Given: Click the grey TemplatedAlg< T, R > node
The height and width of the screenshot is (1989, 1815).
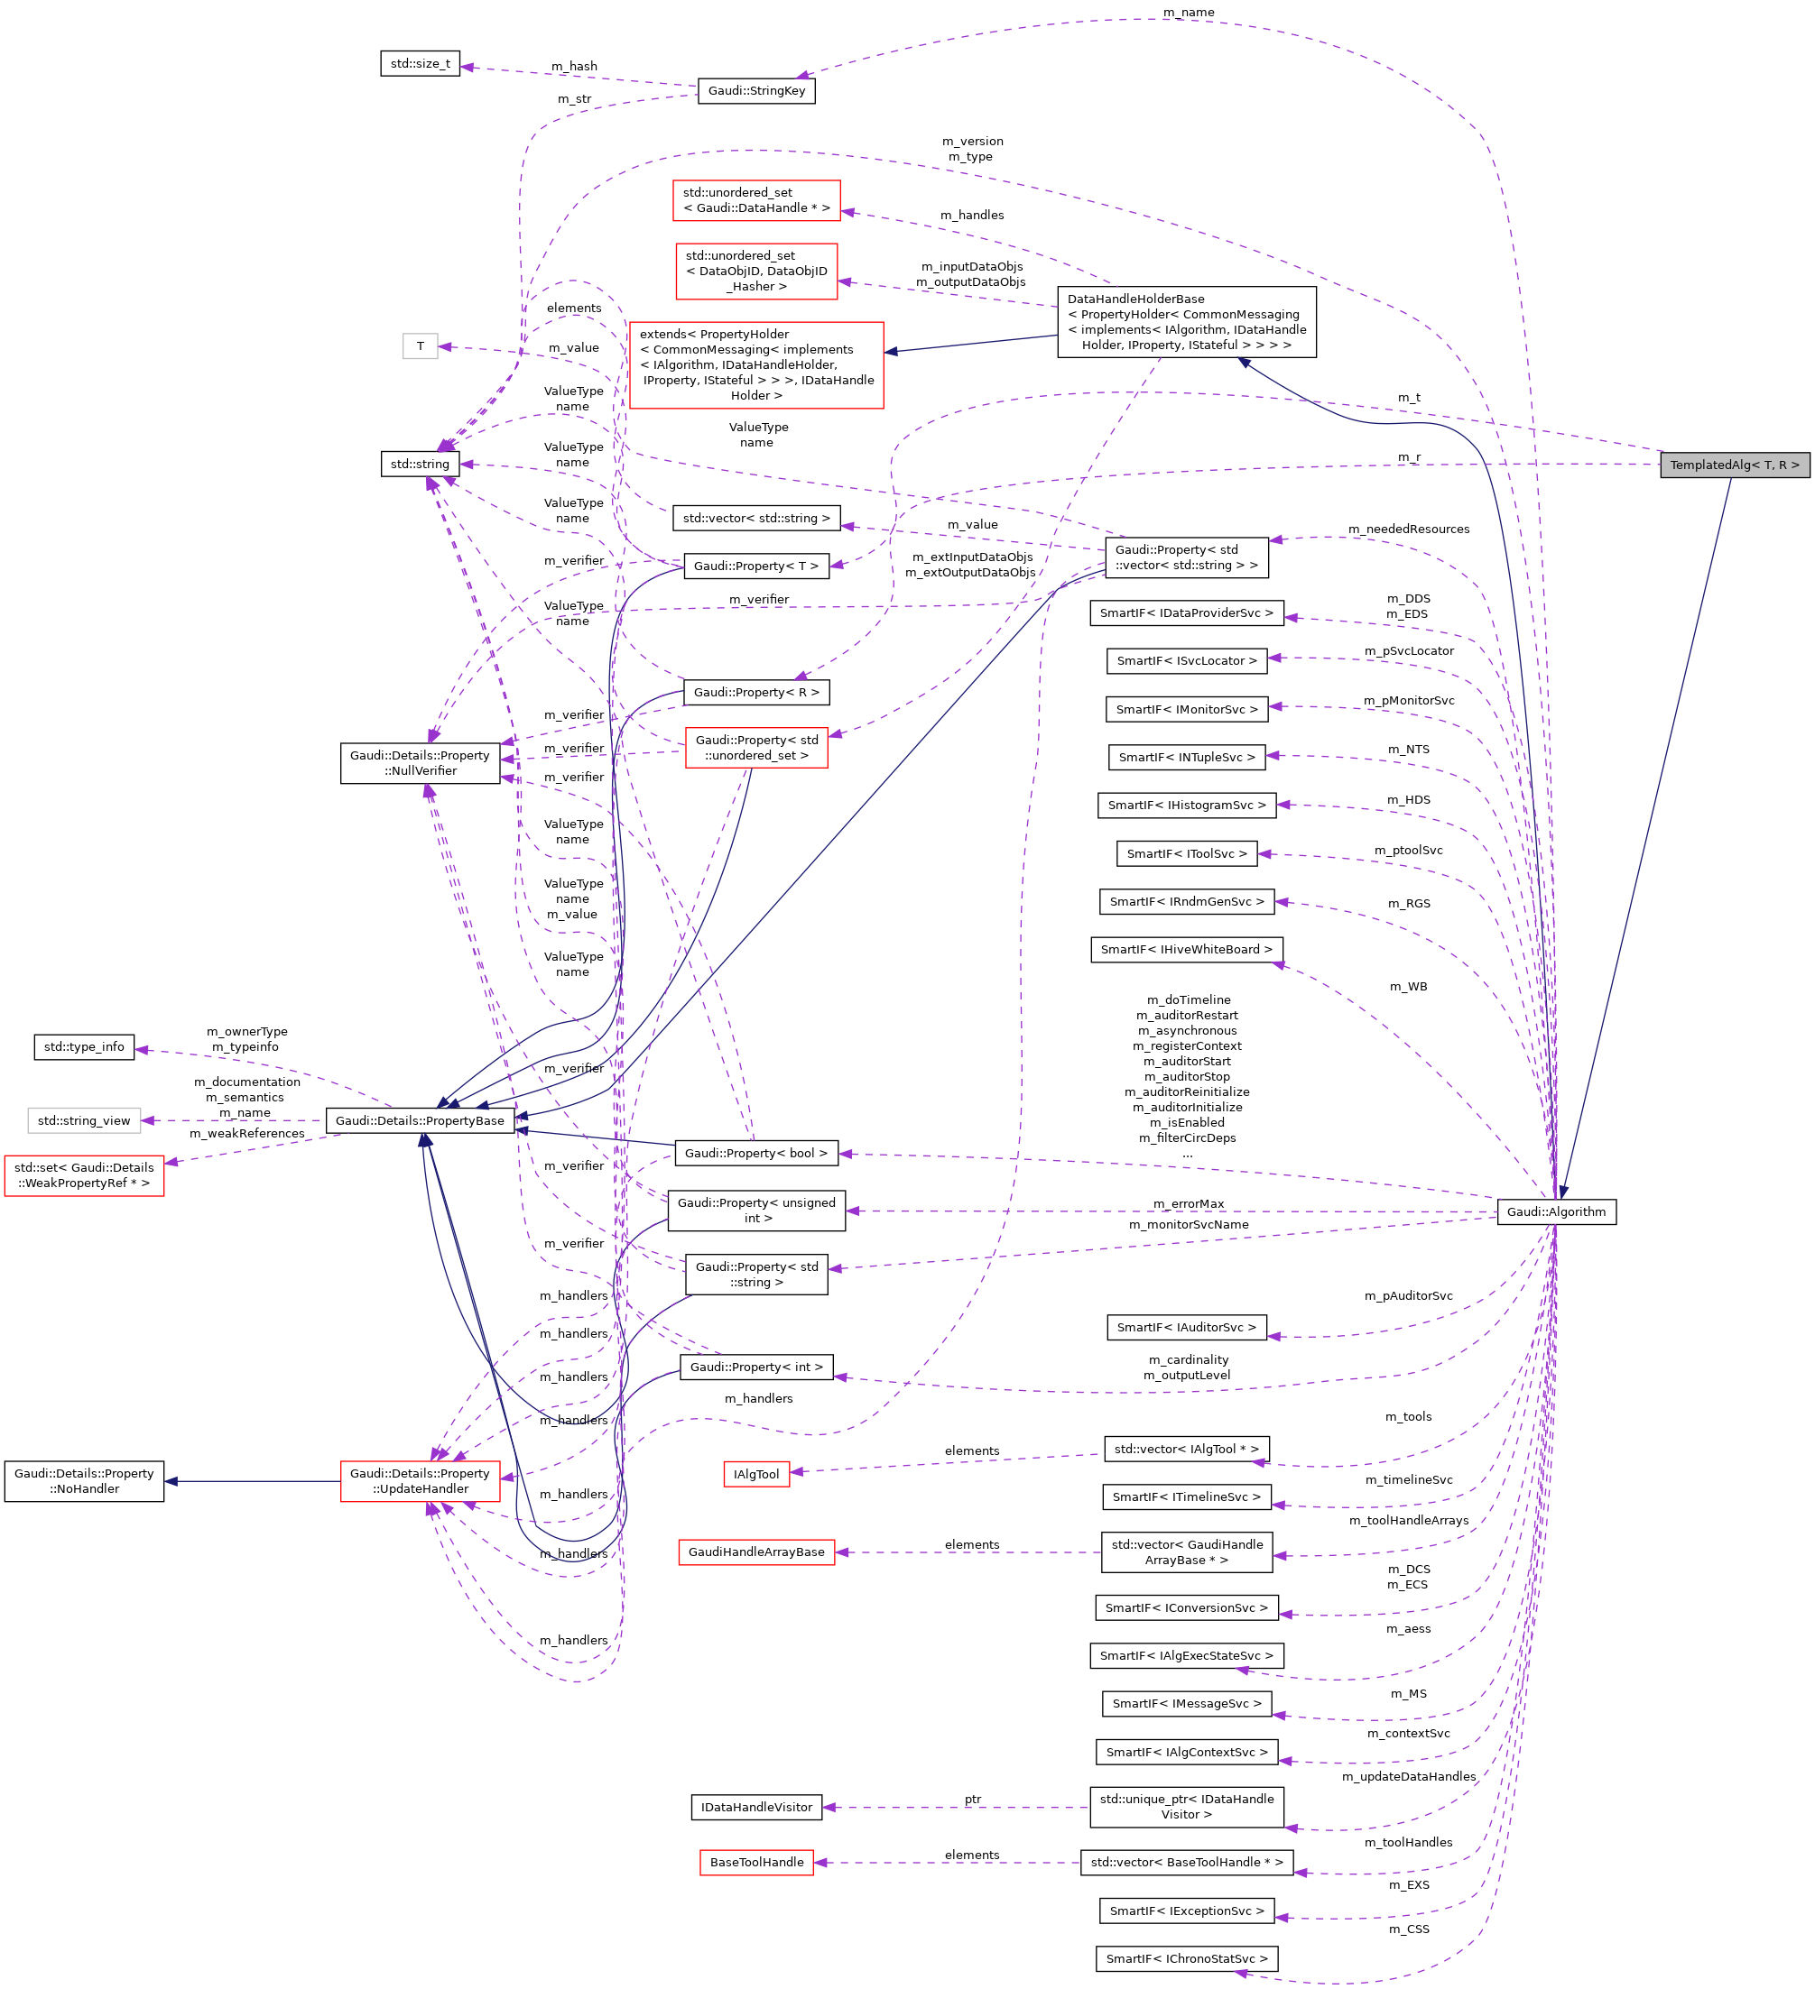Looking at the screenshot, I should pos(1734,465).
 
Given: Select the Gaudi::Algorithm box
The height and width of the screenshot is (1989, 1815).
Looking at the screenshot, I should pos(1555,1211).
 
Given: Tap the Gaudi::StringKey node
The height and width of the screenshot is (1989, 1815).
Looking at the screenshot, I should pos(756,91).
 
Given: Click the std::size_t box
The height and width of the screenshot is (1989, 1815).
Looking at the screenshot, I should pos(420,64).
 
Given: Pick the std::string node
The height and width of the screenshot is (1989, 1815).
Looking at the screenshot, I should pos(420,464).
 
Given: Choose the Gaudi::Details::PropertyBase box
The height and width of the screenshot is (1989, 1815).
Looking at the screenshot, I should pos(420,1120).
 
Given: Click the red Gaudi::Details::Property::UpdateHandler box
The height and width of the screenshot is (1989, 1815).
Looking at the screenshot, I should pos(420,1481).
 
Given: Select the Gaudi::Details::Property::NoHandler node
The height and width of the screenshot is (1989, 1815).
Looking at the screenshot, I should pos(84,1481).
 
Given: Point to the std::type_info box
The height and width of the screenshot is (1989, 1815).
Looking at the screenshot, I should pos(84,1046).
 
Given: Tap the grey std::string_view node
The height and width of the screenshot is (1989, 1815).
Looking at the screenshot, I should pos(84,1120).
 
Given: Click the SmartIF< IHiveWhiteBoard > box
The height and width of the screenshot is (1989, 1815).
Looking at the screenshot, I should pos(1186,949).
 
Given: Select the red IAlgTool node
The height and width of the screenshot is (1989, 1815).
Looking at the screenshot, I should pos(756,1474).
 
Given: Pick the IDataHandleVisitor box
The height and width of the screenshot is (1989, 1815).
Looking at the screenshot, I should pos(756,1808).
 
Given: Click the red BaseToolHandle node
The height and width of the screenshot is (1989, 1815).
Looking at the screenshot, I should pos(756,1863).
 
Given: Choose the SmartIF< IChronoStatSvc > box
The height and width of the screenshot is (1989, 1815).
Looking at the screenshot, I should pos(1186,1958).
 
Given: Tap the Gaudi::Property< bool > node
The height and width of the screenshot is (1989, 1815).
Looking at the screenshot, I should pos(756,1154).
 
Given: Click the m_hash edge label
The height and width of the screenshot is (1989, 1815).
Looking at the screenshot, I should pos(574,66).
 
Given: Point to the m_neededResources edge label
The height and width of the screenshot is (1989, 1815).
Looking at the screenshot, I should pos(1408,529).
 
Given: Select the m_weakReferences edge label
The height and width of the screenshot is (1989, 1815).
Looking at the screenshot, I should pos(246,1134).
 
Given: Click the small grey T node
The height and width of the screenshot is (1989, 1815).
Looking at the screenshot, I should pos(420,346).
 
